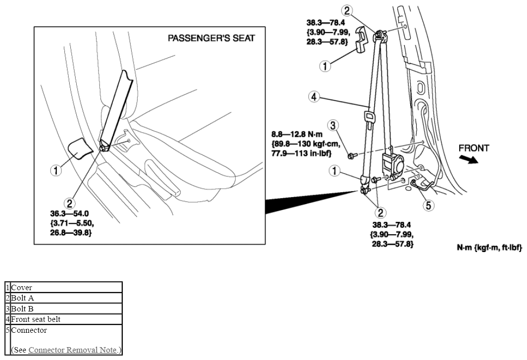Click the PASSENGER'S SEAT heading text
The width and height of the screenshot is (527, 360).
211,38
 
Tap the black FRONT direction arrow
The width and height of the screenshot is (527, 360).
469,159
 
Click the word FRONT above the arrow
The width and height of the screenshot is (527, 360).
474,148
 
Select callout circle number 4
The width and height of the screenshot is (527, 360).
314,97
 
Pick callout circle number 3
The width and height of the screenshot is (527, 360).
333,125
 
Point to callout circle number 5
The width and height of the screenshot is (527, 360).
428,205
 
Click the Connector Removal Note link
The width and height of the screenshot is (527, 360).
73,350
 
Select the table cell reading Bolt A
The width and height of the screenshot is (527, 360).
66,298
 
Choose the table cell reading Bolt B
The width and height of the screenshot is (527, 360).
66,309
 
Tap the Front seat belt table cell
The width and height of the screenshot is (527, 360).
66,319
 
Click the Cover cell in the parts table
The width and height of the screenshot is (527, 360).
66,287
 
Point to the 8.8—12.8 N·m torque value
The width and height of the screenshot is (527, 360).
297,134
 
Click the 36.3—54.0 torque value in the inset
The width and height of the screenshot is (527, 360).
69,213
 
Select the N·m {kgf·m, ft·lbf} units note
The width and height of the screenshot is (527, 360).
489,248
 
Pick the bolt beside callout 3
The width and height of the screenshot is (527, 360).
351,155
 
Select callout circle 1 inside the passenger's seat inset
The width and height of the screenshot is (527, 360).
56,170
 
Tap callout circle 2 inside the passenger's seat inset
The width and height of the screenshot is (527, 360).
70,203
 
